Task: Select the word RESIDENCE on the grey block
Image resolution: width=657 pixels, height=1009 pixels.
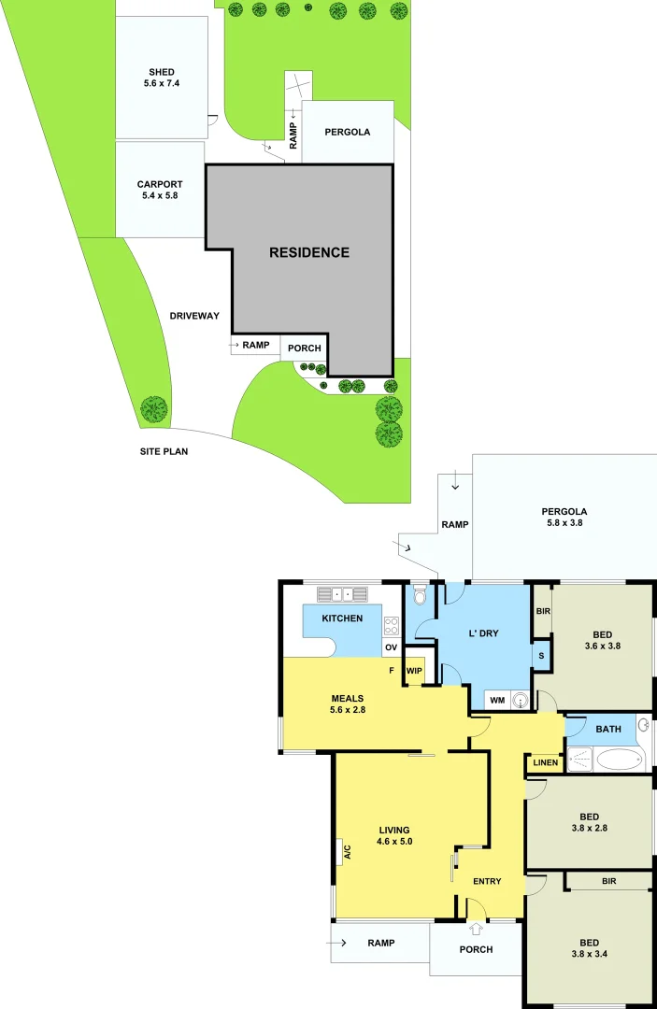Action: pos(309,252)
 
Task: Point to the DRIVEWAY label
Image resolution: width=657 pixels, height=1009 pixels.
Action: pos(194,316)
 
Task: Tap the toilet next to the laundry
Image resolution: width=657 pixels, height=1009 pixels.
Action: pos(421,595)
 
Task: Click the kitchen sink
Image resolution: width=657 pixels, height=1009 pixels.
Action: pos(342,593)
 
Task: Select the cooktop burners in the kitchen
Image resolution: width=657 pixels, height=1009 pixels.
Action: pos(392,626)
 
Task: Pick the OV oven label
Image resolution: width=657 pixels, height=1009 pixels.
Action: pos(391,647)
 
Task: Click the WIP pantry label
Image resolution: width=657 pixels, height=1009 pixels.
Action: pos(414,670)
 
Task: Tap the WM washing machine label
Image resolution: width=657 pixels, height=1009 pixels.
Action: pos(496,700)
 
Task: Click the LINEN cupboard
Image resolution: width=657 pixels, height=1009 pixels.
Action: pos(544,763)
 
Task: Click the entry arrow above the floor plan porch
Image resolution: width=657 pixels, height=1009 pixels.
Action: pos(477,929)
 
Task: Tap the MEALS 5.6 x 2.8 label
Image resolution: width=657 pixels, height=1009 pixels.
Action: pos(347,703)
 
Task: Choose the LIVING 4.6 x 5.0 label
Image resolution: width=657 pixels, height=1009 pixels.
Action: pos(395,835)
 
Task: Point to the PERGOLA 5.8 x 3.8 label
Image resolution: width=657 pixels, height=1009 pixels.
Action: pos(564,517)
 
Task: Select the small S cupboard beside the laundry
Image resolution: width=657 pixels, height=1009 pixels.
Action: pos(541,655)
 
